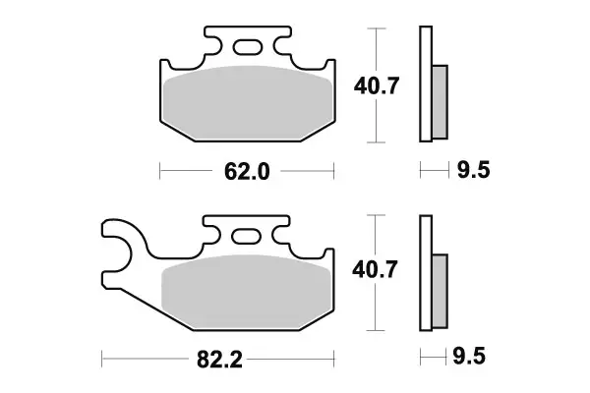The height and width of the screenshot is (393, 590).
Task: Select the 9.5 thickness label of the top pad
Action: [473, 172]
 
